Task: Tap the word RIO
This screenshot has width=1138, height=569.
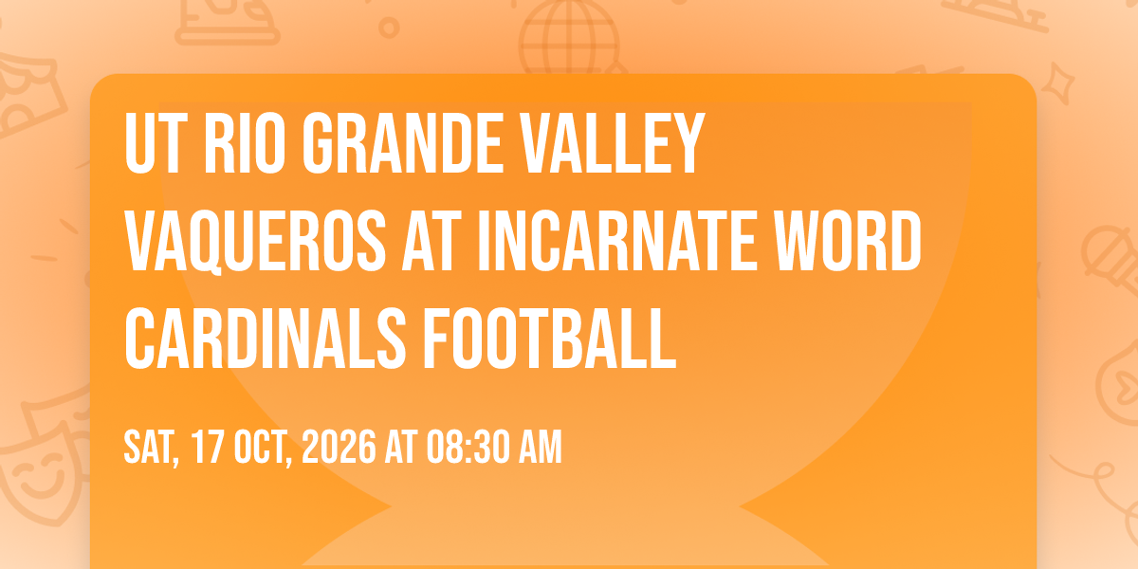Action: click(244, 144)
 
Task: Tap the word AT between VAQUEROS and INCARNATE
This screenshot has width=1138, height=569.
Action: click(431, 241)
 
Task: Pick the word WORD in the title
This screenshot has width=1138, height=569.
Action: click(848, 241)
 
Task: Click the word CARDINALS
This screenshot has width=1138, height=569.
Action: click(266, 339)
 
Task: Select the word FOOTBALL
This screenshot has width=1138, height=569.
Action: click(550, 339)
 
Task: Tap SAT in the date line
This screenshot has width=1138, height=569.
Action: click(152, 448)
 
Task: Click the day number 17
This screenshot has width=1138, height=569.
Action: click(208, 447)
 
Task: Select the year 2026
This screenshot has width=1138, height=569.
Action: click(339, 447)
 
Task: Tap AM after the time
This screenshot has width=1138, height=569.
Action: click(540, 447)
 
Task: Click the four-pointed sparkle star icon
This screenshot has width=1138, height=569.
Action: click(1057, 83)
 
